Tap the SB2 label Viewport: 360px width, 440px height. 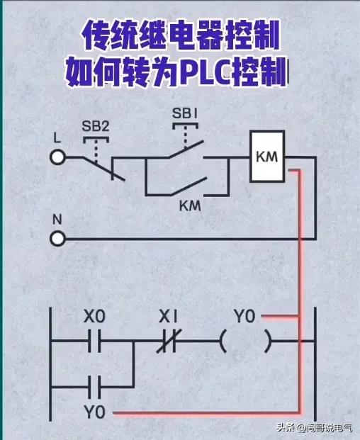coord(96,127)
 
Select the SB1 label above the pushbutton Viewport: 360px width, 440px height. coord(186,113)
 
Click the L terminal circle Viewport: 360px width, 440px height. coord(59,157)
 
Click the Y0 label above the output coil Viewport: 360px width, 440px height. coord(244,316)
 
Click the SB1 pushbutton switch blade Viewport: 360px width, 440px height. coord(186,150)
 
